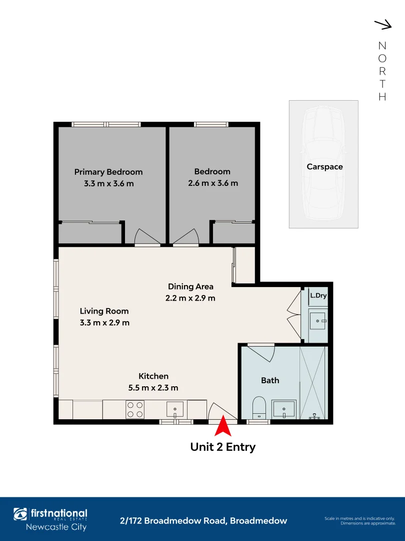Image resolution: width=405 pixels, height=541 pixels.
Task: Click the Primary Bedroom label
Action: [x=108, y=172]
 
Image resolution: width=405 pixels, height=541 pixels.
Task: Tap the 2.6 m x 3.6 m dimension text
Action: [x=213, y=183]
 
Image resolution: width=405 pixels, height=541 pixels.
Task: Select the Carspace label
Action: [x=324, y=167]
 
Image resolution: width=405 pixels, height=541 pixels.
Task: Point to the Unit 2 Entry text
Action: [x=223, y=447]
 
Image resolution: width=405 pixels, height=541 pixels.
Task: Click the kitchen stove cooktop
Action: [x=134, y=409]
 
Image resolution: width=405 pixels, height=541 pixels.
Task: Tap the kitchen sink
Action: [x=175, y=409]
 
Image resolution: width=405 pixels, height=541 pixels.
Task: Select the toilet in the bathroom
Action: [x=259, y=407]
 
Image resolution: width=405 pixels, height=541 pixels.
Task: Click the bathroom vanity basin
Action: [x=284, y=409]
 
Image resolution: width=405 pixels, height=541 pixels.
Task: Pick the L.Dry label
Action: [x=318, y=296]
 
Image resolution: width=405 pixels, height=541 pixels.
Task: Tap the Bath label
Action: [x=270, y=381]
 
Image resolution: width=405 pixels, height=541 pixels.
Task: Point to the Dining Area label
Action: [x=190, y=287]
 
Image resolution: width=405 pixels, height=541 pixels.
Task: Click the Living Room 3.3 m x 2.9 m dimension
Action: [x=104, y=323]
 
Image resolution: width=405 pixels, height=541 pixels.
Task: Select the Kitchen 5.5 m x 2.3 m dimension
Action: [x=153, y=388]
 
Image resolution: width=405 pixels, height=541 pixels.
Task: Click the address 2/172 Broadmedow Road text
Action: [x=204, y=521]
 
